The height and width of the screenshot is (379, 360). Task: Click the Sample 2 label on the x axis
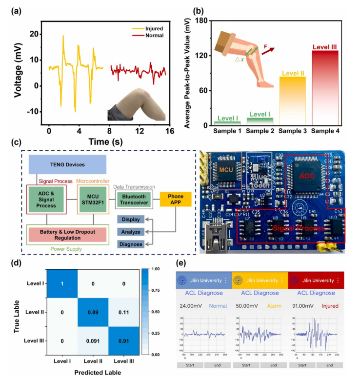click(260, 131)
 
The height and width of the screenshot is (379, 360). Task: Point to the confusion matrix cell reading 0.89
click(100, 311)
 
